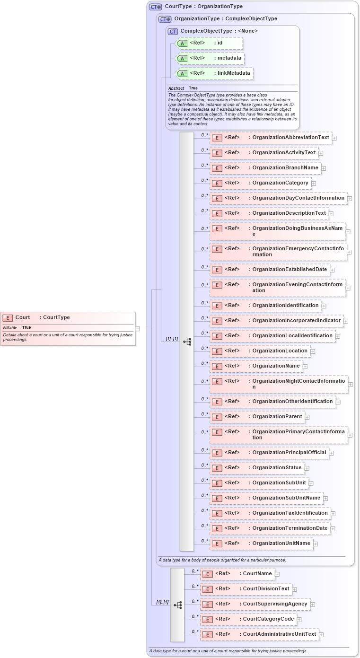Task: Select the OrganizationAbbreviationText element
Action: [271, 138]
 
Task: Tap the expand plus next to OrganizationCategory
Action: [314, 184]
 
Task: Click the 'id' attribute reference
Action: [209, 43]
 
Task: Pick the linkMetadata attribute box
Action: [214, 73]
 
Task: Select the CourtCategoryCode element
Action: [248, 619]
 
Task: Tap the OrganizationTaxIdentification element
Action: [270, 513]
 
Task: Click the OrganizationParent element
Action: [257, 417]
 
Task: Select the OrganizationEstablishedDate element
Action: [270, 270]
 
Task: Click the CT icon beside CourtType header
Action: [156, 7]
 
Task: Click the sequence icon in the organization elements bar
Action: [187, 341]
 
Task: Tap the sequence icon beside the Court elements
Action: [177, 605]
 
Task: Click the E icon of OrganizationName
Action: [217, 366]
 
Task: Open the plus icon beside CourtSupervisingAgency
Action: [313, 605]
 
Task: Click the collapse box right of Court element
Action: [138, 328]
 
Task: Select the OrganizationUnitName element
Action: [261, 544]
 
